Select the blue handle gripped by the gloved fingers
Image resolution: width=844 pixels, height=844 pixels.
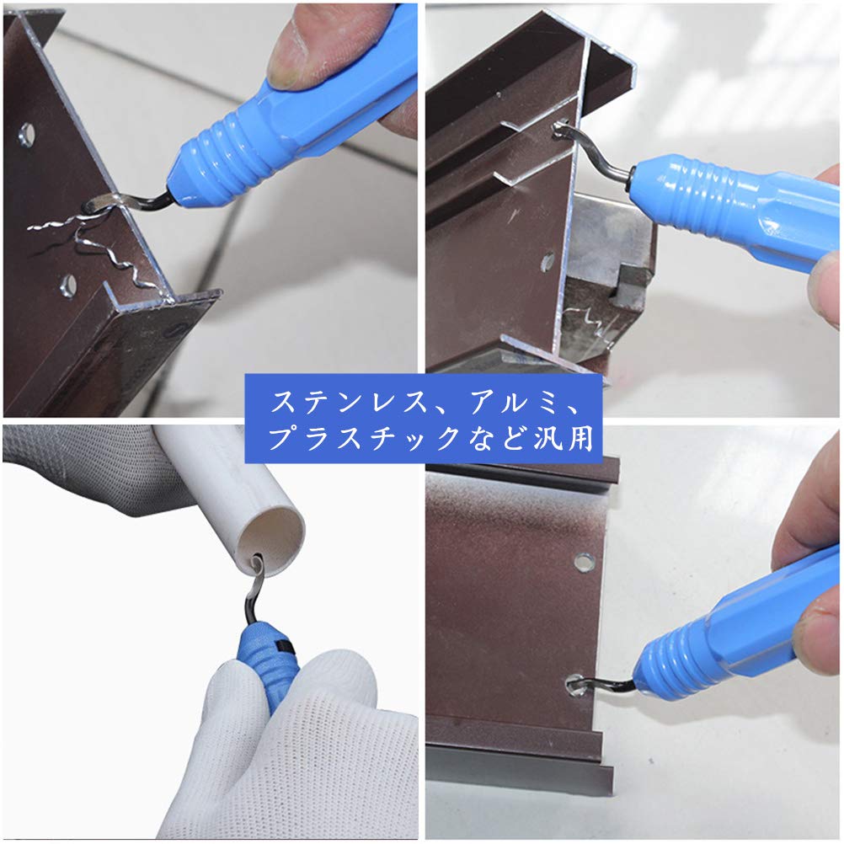(268, 665)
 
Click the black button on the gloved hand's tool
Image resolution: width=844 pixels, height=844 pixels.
(285, 645)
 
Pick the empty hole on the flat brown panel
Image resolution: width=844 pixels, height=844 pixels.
(583, 560)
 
